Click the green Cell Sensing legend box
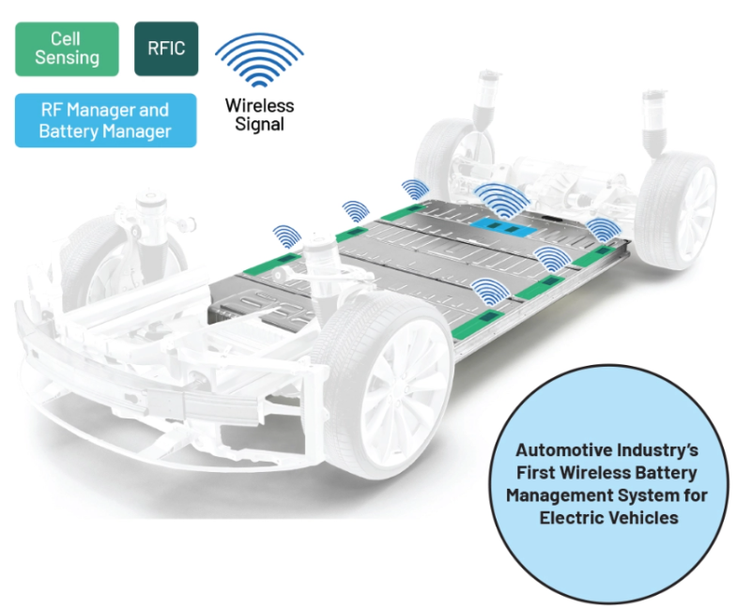click(x=67, y=49)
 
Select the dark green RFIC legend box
click(x=165, y=49)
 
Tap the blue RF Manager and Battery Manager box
click(x=105, y=120)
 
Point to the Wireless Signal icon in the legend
click(x=259, y=61)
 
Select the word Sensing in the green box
click(x=67, y=58)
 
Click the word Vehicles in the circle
click(x=643, y=517)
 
